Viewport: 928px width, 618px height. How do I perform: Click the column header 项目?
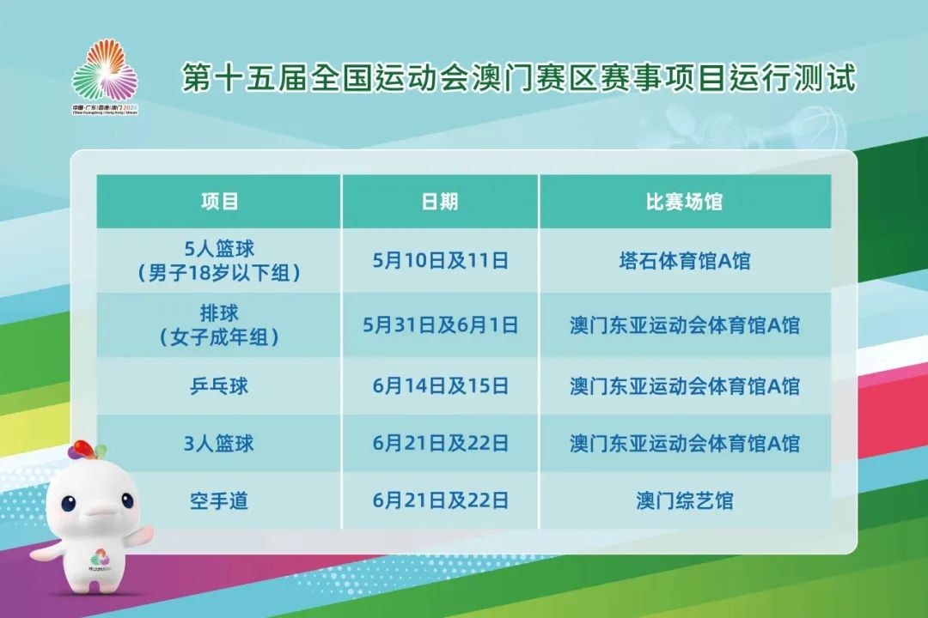219,202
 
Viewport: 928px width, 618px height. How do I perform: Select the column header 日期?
440,202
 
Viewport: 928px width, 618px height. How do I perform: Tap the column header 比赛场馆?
685,202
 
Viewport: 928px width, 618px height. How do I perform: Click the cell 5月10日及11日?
440,261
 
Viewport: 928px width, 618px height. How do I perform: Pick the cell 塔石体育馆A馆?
685,261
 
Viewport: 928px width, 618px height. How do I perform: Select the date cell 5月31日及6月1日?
440,326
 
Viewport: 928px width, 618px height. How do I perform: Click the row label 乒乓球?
219,386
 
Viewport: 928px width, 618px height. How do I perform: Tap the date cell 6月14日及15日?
440,386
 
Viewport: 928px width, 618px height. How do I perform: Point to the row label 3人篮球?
219,444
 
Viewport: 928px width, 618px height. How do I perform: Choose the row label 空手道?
219,500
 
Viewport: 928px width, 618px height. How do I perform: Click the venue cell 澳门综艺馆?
685,500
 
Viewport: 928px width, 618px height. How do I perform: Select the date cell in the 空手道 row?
440,500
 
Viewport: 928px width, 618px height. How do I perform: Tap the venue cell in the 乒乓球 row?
685,386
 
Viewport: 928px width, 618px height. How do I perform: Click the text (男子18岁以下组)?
219,274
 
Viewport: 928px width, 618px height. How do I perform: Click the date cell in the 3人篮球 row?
440,444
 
